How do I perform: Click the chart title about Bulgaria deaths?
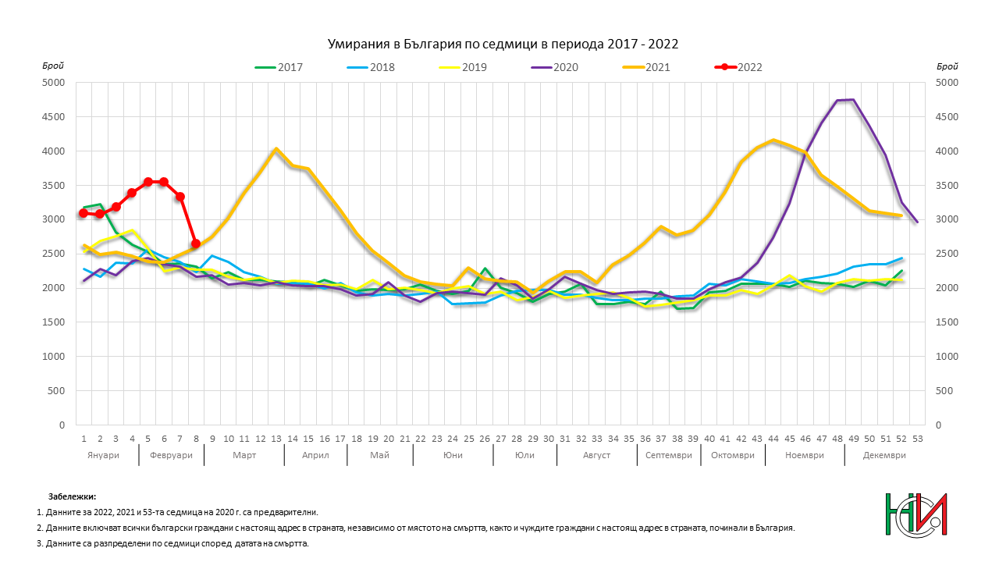tap(503, 44)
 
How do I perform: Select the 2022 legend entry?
tap(738, 67)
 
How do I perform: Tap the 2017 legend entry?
tap(279, 67)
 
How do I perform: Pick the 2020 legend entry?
tap(554, 67)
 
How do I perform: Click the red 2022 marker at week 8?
tap(196, 244)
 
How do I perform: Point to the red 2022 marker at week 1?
tap(84, 213)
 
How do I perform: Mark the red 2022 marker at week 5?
tap(148, 182)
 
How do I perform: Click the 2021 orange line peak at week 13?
tap(276, 148)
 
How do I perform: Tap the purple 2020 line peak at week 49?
tap(853, 99)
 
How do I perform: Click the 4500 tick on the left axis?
tap(53, 117)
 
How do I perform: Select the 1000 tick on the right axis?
tap(947, 357)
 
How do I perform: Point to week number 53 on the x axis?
tap(917, 439)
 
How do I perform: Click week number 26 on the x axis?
tap(485, 439)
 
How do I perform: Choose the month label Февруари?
tap(171, 455)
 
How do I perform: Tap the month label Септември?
tap(669, 455)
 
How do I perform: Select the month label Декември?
tap(884, 455)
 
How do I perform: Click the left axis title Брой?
tap(53, 66)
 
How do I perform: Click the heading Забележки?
tap(73, 496)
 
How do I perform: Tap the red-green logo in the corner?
tap(916, 514)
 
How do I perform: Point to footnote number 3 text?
tap(172, 544)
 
